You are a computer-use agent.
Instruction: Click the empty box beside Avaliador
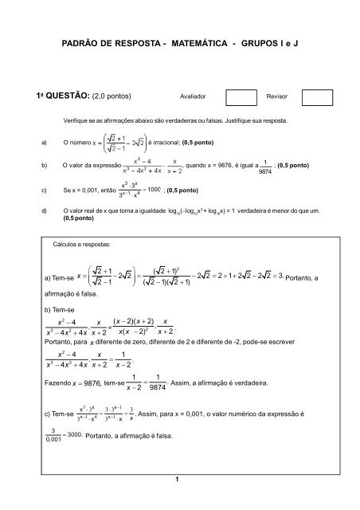[x=241, y=98]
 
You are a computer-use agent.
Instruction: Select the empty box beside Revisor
[x=317, y=98]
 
